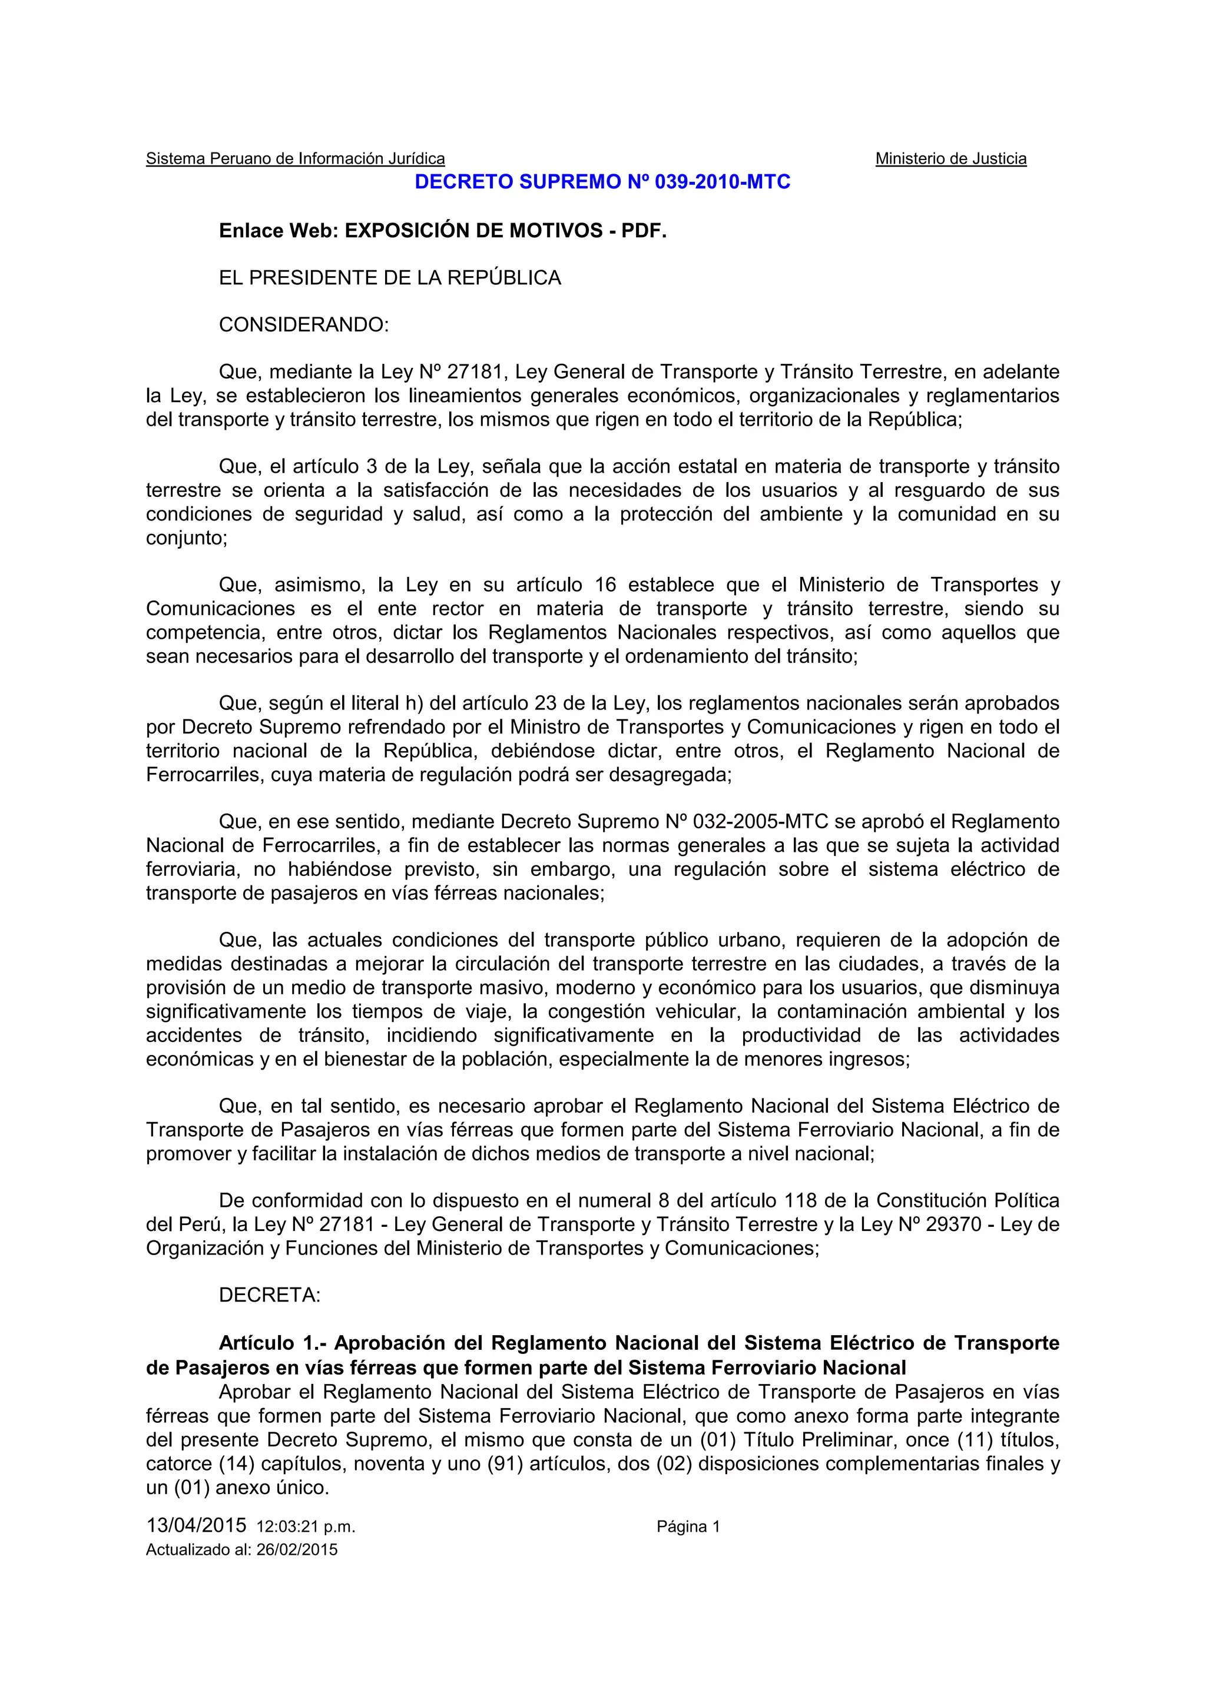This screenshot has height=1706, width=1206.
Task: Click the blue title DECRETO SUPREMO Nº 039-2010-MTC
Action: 602,182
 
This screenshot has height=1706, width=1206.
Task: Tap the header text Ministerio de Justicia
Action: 950,158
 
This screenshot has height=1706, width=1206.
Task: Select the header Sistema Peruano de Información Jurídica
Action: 295,158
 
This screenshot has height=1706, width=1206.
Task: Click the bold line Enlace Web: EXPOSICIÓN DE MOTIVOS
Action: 442,231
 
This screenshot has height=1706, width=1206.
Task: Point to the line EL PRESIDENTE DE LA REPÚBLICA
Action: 389,278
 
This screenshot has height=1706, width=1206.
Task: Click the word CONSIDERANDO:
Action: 303,325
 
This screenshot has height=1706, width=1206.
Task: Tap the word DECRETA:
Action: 269,1295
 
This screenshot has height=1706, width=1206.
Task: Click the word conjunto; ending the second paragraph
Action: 185,537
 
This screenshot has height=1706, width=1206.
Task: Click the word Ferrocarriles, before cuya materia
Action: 204,774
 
